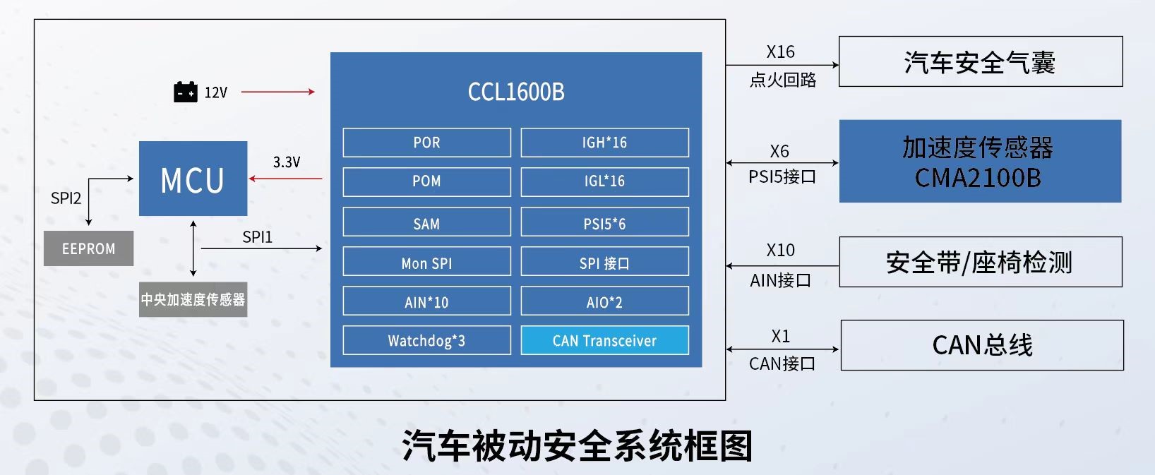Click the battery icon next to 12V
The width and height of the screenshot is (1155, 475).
[x=186, y=92]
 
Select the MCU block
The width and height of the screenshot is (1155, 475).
[x=193, y=179]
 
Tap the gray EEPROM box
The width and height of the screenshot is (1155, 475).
[x=88, y=248]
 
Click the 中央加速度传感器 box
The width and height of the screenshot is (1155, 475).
[x=193, y=299]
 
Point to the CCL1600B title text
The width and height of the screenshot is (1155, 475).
[x=516, y=92]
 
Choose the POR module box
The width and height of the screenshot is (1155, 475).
[x=426, y=143]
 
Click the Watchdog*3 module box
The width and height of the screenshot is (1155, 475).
[x=426, y=341]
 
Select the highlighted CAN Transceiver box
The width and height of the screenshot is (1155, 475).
[x=604, y=341]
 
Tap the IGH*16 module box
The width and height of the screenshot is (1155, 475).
[x=604, y=143]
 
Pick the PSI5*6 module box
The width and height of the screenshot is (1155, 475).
[x=604, y=224]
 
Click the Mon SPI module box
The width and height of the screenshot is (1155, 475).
[x=426, y=263]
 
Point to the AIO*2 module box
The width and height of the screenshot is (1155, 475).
[x=604, y=302]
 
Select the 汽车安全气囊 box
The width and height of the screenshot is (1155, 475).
[x=980, y=62]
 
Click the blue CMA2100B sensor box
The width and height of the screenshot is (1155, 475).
[x=980, y=162]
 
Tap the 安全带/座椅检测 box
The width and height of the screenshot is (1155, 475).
[x=980, y=263]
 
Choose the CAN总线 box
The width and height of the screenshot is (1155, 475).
[x=981, y=345]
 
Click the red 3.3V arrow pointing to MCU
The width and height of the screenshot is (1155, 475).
[x=286, y=179]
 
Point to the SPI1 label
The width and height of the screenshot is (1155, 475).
[x=257, y=237]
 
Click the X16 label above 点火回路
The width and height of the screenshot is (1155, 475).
[x=780, y=52]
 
